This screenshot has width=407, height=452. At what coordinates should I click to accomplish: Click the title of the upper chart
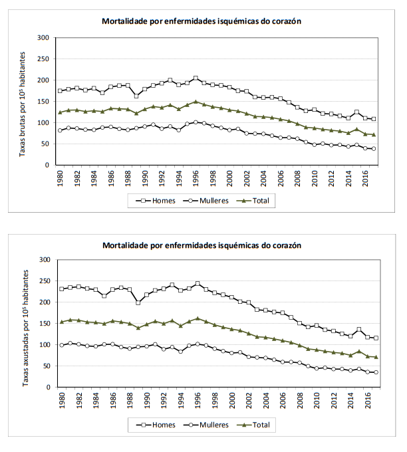(202, 21)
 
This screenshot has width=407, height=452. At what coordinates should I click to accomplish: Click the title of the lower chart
(202, 245)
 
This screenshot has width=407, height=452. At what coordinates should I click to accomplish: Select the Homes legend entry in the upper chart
(157, 199)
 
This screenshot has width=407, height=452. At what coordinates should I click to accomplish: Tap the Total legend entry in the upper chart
(255, 199)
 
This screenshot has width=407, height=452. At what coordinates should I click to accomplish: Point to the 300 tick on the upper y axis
(44, 38)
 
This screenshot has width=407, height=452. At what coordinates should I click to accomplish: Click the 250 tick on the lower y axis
(44, 281)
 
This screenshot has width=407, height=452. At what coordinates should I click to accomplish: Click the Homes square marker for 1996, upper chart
(196, 78)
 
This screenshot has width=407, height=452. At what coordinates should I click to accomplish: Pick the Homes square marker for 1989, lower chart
(138, 302)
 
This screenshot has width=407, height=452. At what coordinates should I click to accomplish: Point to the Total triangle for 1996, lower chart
(197, 318)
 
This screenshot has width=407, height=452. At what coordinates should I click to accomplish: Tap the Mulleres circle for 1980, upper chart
(61, 130)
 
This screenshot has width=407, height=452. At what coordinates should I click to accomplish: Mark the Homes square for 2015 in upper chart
(356, 112)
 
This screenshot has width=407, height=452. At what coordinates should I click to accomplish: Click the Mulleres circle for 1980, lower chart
(62, 345)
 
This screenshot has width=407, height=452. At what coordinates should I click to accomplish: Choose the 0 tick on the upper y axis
(48, 166)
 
